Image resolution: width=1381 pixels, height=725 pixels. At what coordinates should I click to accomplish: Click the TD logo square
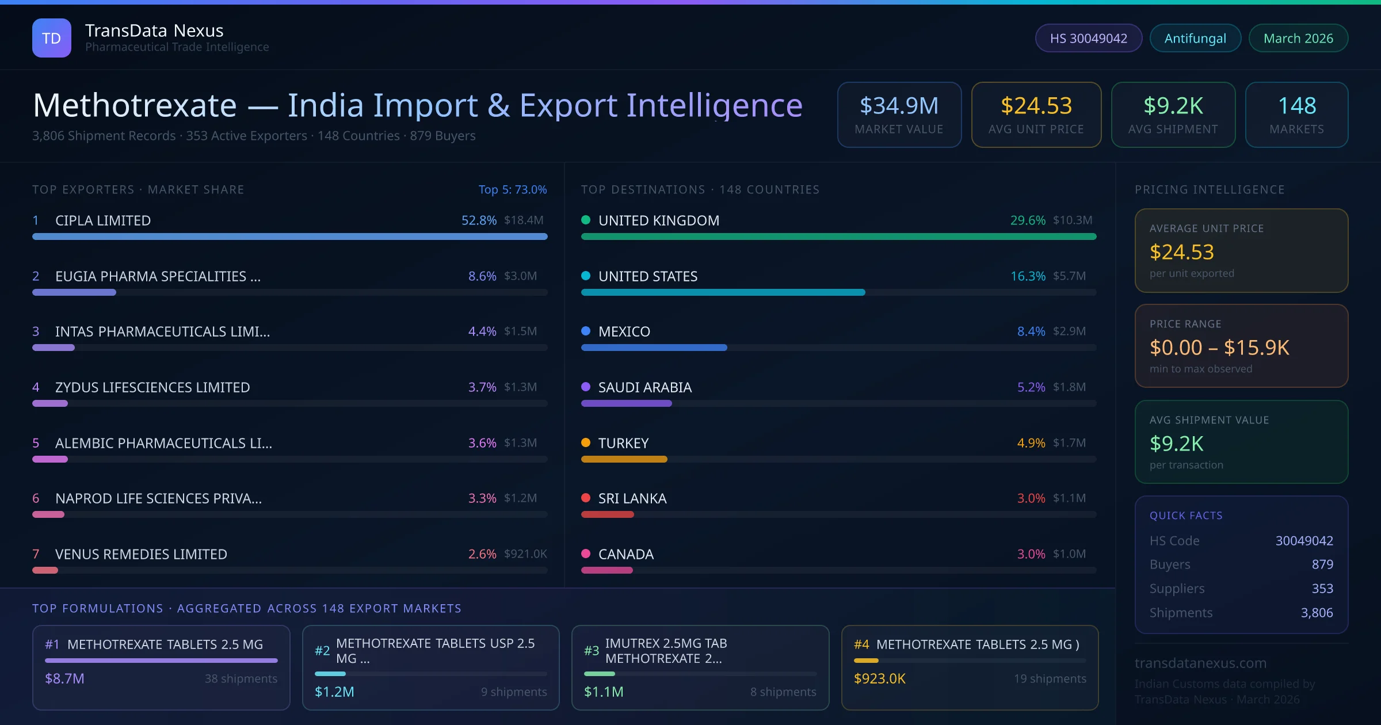[x=52, y=38]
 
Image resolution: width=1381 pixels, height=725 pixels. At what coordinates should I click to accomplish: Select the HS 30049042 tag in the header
[x=1088, y=38]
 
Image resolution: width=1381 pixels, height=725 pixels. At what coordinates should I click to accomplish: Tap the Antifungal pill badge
[x=1195, y=38]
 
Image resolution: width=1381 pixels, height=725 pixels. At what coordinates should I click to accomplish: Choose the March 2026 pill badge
[x=1298, y=38]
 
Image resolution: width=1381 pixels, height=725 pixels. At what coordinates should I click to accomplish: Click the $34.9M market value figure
[x=899, y=106]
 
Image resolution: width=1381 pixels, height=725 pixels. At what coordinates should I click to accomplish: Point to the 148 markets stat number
[x=1297, y=106]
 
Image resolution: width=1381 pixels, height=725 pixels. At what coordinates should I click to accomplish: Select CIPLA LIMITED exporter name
[x=103, y=220]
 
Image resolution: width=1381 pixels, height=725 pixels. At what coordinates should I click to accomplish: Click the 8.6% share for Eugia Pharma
[x=482, y=276]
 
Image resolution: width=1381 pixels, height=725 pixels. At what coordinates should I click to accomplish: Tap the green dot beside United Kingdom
[x=586, y=220]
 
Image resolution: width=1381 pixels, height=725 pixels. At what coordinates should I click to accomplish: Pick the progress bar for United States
[x=723, y=292]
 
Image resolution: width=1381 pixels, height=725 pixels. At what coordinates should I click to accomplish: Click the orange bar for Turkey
[x=624, y=459]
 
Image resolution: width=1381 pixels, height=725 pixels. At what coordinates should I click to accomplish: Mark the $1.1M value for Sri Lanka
[x=1069, y=498]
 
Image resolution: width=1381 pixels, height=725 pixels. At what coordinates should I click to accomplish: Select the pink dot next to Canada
[x=586, y=554]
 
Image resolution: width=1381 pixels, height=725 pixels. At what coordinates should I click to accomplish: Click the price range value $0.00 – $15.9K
[x=1219, y=348]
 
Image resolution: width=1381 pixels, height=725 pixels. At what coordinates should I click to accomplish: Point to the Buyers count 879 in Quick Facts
[x=1322, y=564]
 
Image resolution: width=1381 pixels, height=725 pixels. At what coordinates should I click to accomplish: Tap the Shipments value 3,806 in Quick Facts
[x=1317, y=613]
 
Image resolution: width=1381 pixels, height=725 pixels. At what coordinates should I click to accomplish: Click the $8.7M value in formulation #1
[x=64, y=678]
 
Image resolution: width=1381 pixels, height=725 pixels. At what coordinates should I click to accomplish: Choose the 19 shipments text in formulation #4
[x=1050, y=678]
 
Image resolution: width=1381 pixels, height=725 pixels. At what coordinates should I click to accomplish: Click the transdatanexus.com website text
[x=1200, y=663]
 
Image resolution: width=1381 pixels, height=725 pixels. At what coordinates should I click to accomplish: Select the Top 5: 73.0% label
[x=512, y=189]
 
